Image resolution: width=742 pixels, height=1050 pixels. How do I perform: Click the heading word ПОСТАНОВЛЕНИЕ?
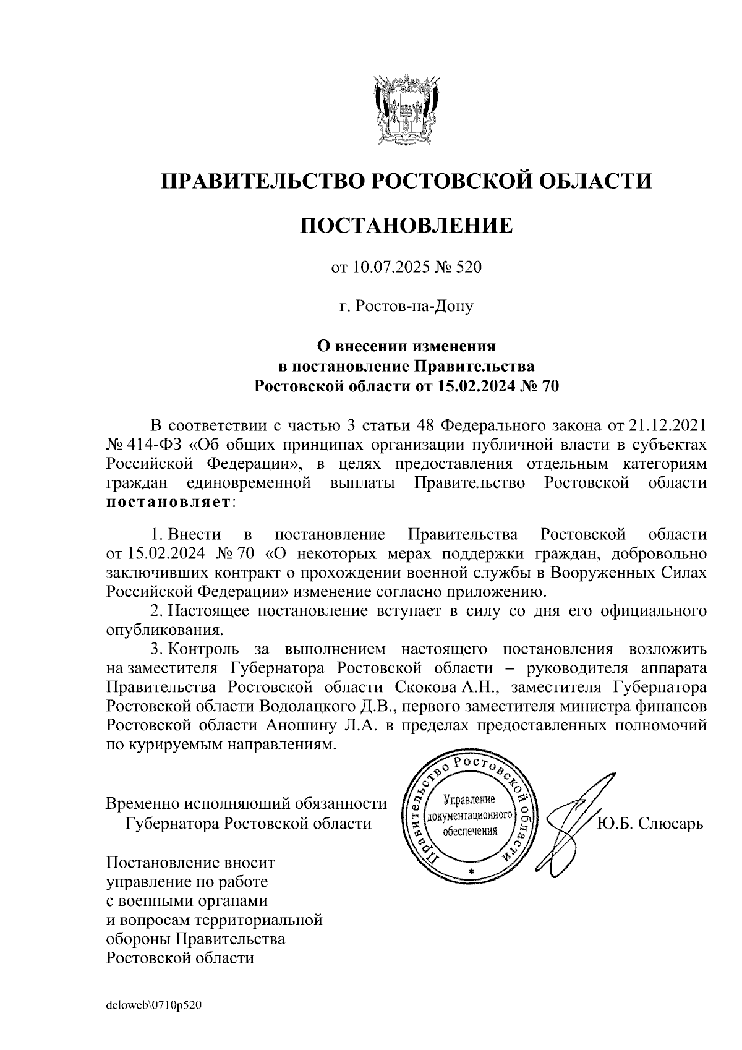click(406, 226)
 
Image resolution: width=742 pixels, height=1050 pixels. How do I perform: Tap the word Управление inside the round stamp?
click(471, 800)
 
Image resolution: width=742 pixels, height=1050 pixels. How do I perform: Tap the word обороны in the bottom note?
click(139, 939)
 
